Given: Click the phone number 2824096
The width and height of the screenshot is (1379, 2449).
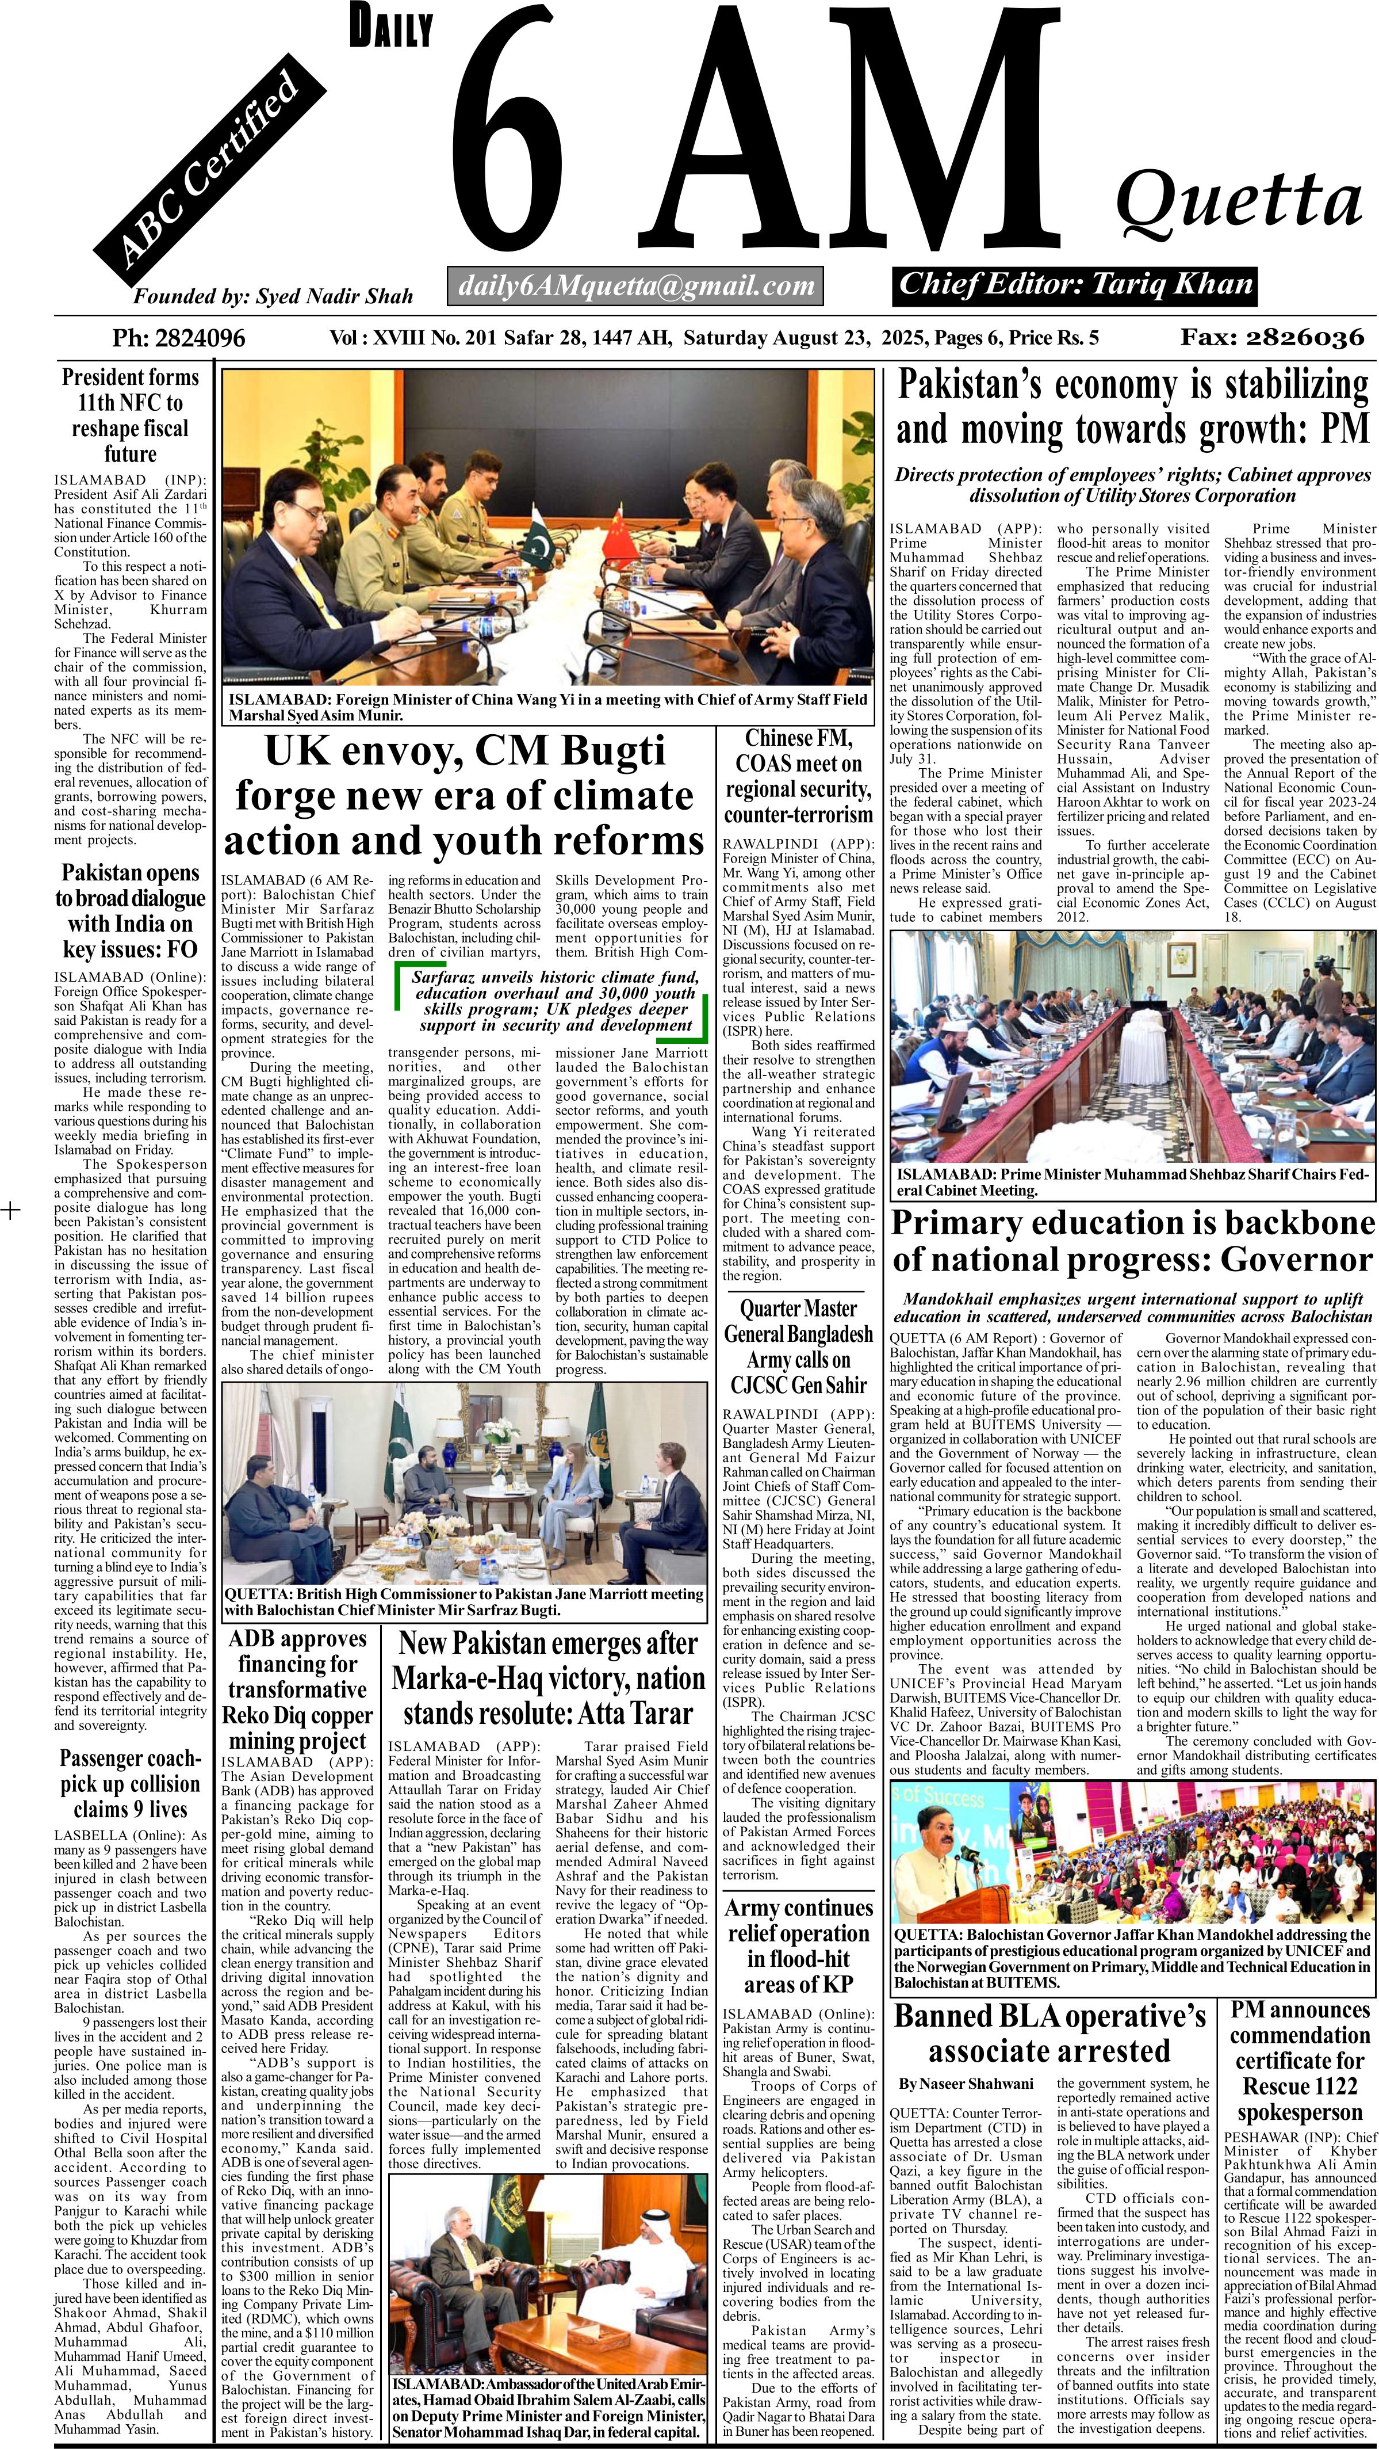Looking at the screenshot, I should [178, 338].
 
